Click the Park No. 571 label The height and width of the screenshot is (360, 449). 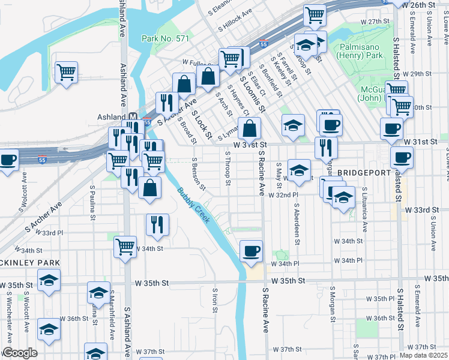point(166,38)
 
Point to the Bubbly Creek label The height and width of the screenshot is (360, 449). point(194,206)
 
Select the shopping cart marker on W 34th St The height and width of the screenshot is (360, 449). point(125,245)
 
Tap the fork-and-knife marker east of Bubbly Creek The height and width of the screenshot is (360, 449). point(157,224)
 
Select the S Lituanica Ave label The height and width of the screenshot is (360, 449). point(364,209)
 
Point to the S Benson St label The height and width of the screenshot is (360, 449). point(199,175)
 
